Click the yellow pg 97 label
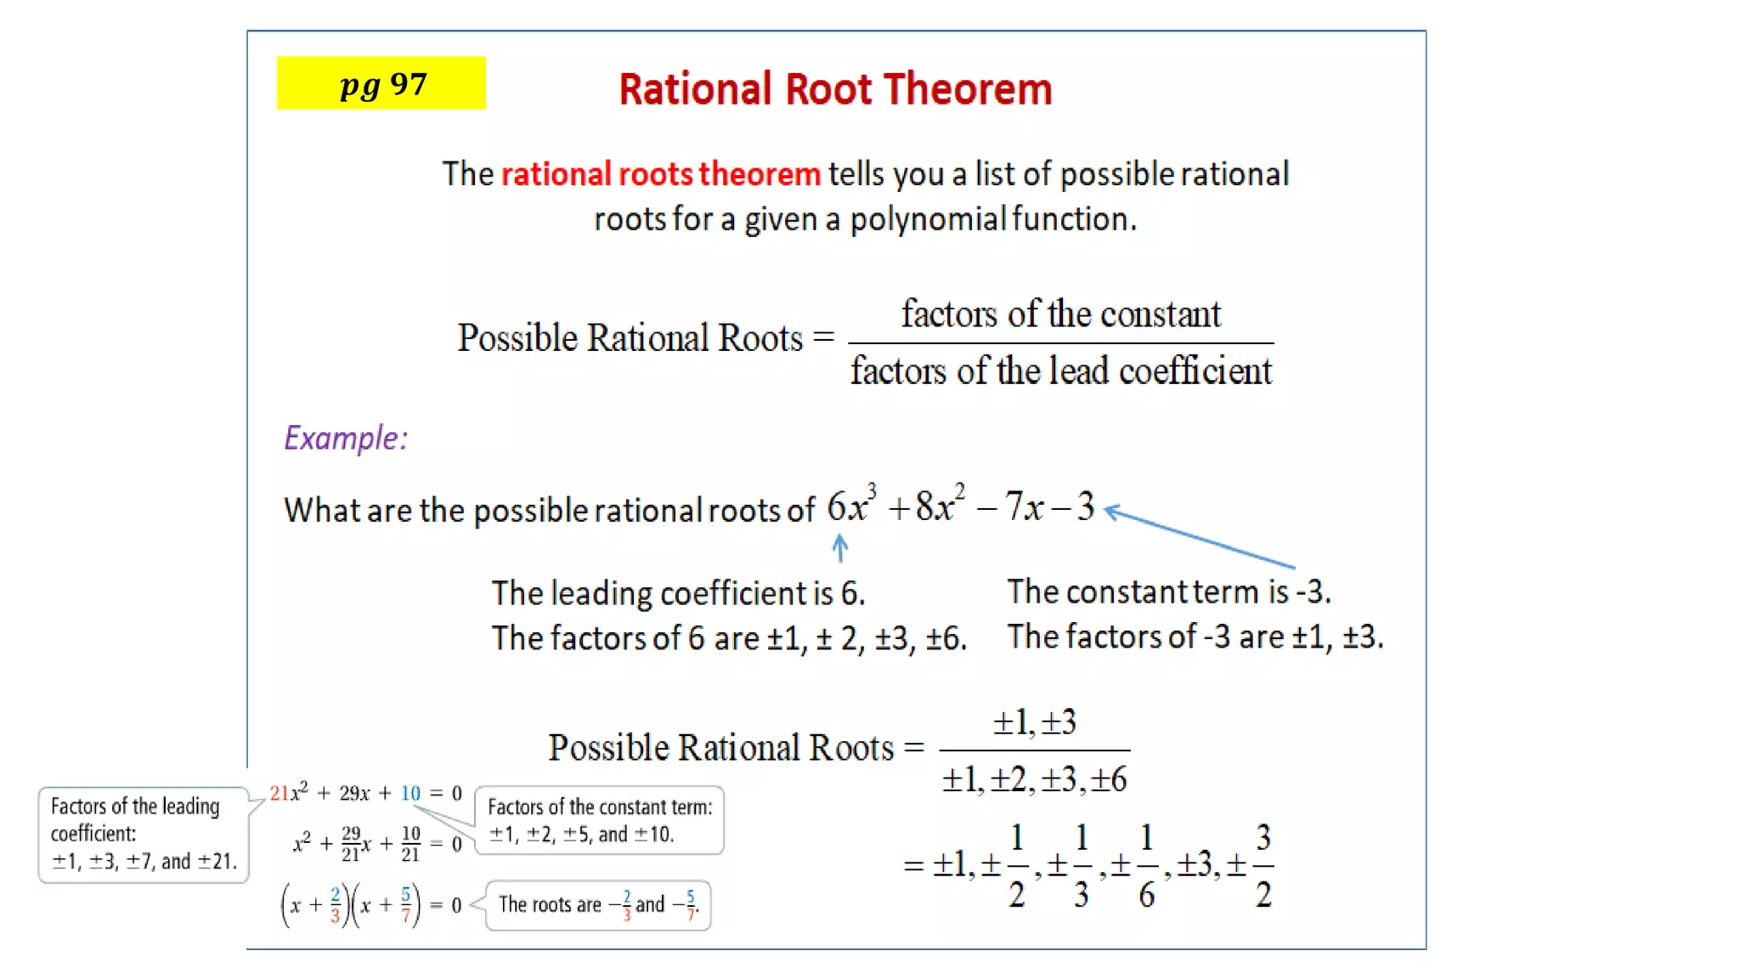click(381, 83)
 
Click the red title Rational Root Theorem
click(835, 89)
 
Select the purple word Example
click(345, 439)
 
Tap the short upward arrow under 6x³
click(839, 548)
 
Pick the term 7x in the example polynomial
click(1024, 506)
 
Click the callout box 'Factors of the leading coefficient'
click(143, 835)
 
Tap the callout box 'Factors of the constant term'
click(600, 820)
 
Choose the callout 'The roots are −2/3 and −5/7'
click(598, 905)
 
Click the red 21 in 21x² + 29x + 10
click(279, 793)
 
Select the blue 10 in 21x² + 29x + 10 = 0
click(410, 793)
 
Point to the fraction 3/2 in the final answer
click(1263, 865)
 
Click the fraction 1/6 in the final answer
click(1146, 865)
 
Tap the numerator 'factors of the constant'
click(1060, 314)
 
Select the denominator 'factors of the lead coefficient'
click(1061, 371)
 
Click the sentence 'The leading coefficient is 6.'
click(678, 593)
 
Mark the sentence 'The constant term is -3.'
click(1168, 591)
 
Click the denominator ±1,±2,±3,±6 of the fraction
click(1034, 779)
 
